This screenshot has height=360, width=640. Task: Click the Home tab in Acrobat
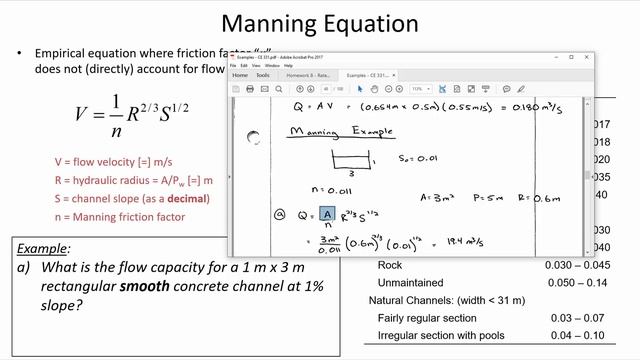(x=240, y=75)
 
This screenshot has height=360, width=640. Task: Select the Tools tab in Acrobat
(x=263, y=75)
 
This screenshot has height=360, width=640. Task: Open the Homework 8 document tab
(x=308, y=75)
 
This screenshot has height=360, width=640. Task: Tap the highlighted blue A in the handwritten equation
(x=327, y=214)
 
